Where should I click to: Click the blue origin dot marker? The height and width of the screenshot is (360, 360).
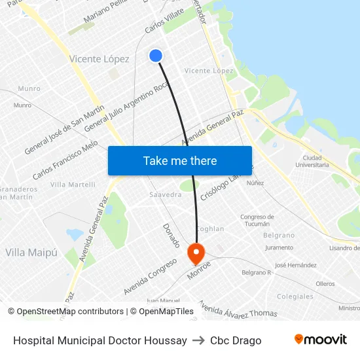pos(156,56)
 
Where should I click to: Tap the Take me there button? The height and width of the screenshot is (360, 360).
pos(180,160)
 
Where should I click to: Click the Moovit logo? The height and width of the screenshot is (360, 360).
pos(320,340)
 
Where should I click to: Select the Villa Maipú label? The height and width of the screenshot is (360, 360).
pos(31,252)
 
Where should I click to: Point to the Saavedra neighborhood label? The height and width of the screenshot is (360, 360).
pos(166,195)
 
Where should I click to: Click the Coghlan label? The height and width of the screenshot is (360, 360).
pos(210,229)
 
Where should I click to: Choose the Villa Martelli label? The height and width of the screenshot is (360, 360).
pos(73,185)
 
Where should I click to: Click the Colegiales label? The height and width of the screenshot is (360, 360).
pos(295,297)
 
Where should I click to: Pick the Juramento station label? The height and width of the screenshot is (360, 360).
pos(279,248)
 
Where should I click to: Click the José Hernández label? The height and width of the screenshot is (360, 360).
pos(296,265)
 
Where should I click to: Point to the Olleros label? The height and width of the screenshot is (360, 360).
pos(325,283)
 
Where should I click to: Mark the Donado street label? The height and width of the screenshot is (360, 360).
pos(170,235)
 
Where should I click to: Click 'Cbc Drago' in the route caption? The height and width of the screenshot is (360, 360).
pos(236,340)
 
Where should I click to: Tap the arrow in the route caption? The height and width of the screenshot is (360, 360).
pos(198,340)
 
